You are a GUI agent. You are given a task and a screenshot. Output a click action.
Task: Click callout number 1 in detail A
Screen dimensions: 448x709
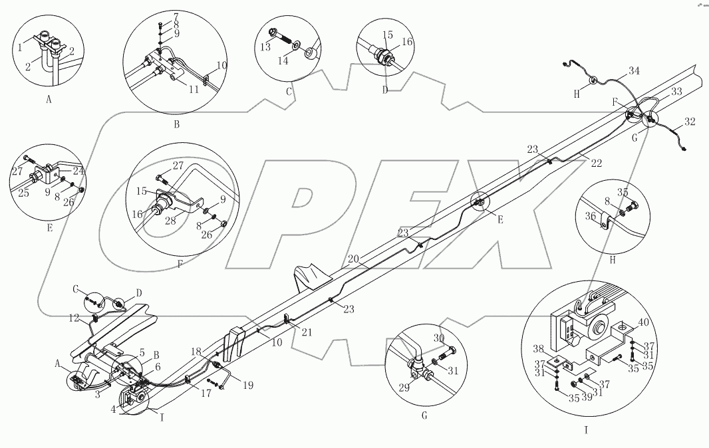click(21, 47)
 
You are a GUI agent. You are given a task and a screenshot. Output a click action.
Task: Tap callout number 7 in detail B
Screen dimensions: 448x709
click(176, 15)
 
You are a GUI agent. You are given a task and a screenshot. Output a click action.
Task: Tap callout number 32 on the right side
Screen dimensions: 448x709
click(690, 122)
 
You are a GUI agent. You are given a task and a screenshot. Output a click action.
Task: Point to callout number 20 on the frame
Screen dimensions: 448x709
click(353, 258)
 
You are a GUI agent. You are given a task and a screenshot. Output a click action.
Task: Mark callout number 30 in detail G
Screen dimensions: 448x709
click(440, 338)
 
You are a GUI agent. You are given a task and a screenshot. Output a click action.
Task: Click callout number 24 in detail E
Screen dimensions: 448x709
click(78, 170)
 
